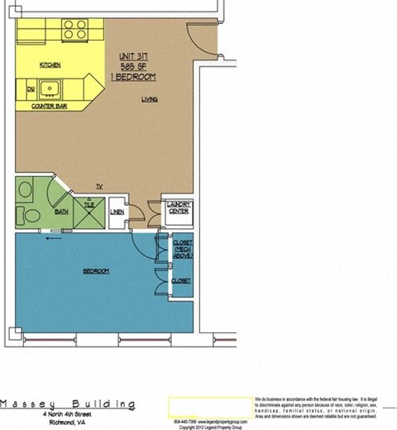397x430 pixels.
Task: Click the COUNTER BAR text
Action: [48, 107]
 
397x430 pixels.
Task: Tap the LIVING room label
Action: [151, 98]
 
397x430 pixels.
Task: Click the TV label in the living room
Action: [98, 186]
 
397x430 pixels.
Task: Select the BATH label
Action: [61, 212]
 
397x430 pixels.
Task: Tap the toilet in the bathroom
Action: [28, 215]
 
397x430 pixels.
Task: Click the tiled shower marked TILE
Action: [88, 208]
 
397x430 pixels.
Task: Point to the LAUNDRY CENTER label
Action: [179, 208]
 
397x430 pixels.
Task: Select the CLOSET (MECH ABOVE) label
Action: [182, 250]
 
